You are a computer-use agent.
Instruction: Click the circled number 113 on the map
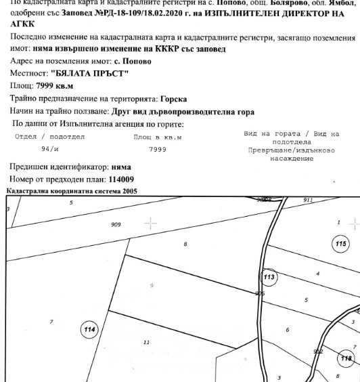tap(269, 277)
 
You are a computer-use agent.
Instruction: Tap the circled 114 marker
tap(89, 330)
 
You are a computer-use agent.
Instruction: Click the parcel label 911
tap(308, 200)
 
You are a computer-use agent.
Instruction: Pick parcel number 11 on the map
tap(146, 343)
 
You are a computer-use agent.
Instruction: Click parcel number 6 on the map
tap(288, 330)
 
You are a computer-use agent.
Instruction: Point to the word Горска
tap(172, 99)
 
